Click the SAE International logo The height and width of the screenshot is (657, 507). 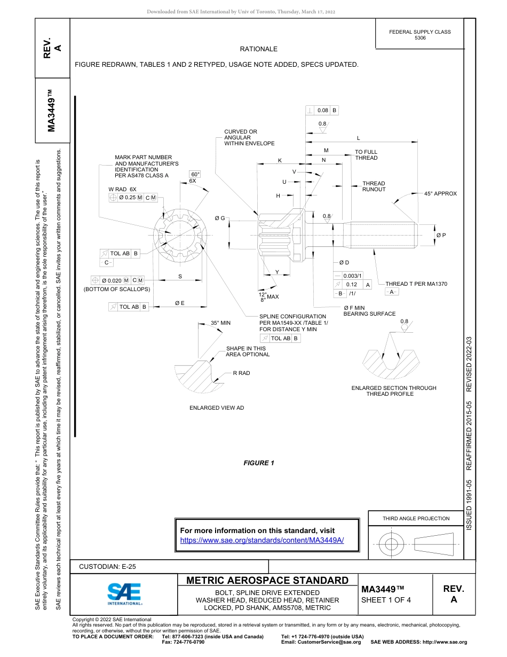point(124,593)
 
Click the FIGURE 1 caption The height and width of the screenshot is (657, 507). point(259,463)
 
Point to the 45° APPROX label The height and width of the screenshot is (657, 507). point(440,194)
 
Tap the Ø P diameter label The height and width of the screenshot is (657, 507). point(441,236)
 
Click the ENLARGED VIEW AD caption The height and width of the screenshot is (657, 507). point(217,408)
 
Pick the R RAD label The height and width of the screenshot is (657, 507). point(241,373)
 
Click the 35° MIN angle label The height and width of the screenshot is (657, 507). point(220,323)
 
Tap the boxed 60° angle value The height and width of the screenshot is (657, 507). point(195,175)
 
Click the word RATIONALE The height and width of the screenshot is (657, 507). point(259,49)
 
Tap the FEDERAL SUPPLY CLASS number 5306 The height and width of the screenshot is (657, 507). point(420,38)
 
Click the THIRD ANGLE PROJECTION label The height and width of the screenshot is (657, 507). point(416,518)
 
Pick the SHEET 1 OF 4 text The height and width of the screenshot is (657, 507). point(386,600)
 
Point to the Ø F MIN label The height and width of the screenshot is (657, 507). point(354,308)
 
